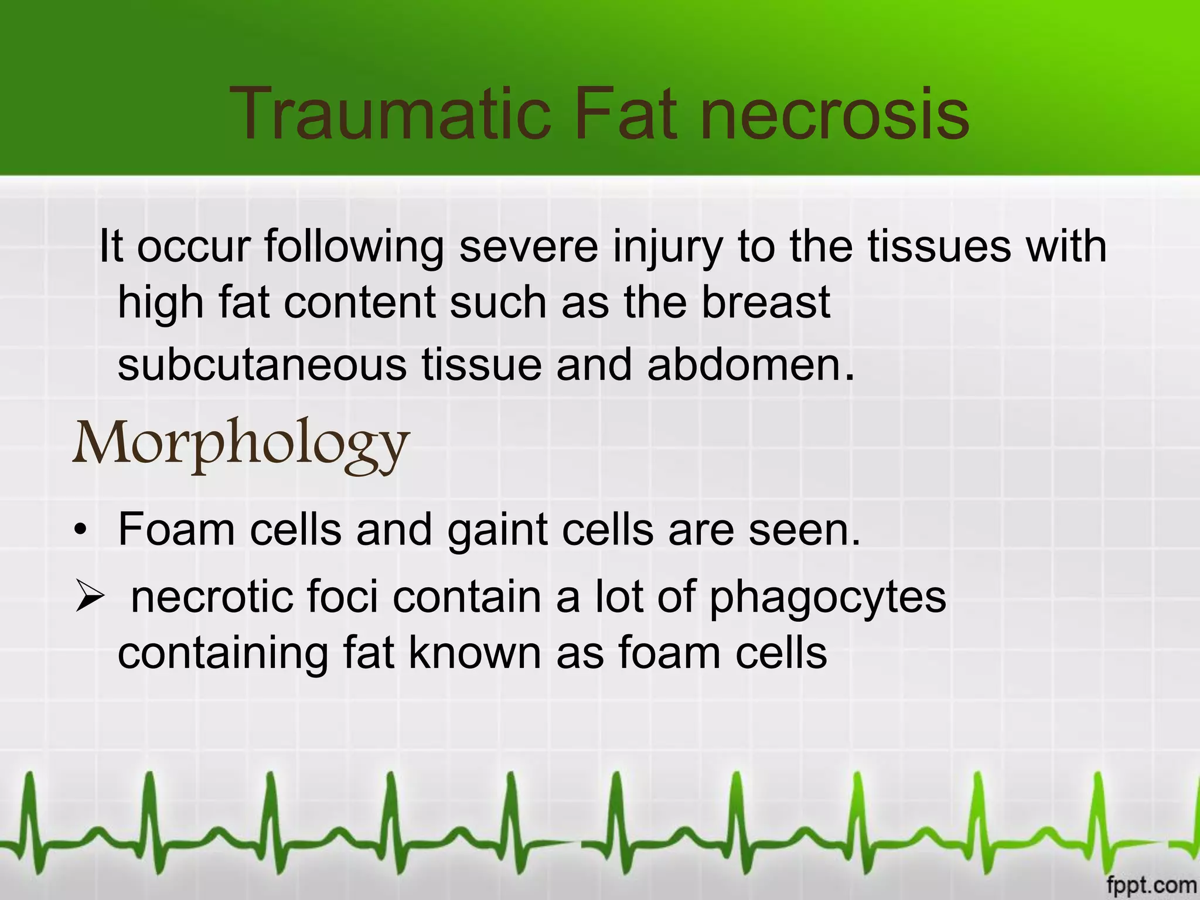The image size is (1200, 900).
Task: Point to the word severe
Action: pyautogui.click(x=529, y=246)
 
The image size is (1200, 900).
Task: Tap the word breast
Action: pyautogui.click(x=766, y=302)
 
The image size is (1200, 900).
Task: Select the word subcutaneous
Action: pyautogui.click(x=262, y=364)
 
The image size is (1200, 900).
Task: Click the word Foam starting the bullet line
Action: pyautogui.click(x=176, y=530)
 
